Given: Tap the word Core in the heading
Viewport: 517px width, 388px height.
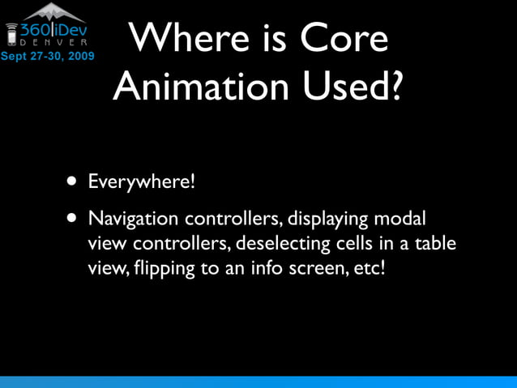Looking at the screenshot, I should pos(343,40).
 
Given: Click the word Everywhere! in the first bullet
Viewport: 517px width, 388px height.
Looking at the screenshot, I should pos(142,180).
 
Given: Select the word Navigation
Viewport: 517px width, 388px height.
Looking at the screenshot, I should pos(134,220).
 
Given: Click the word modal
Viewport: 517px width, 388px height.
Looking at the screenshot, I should pos(402,220).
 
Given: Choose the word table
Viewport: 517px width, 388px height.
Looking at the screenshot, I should pos(435,243).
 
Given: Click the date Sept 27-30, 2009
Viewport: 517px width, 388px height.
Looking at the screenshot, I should pos(47,57).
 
